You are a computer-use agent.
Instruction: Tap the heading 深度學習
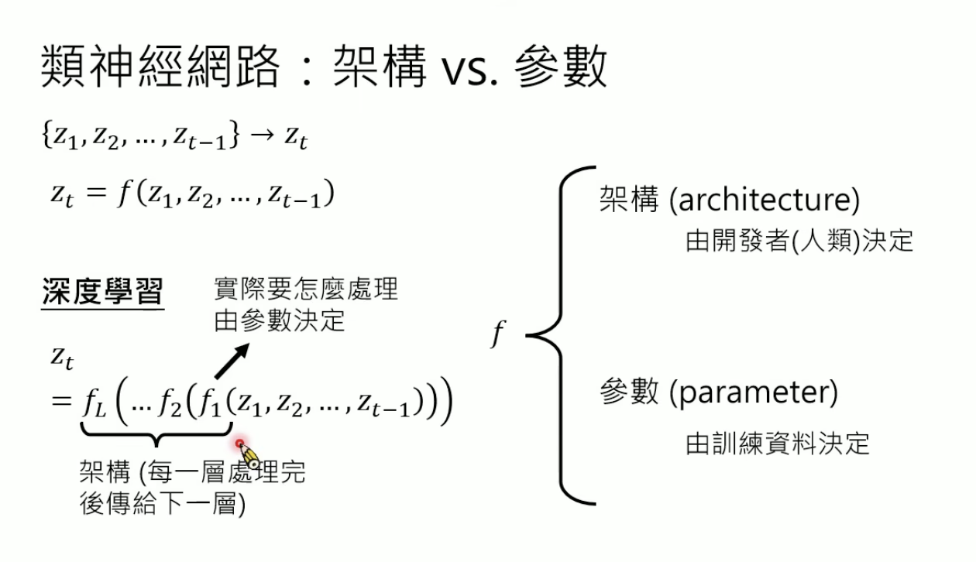pos(102,293)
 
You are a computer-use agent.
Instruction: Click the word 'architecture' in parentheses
pos(764,200)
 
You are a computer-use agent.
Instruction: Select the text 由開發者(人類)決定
pos(799,241)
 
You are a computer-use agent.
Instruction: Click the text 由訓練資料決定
pos(778,444)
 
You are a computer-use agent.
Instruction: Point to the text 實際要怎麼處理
pos(305,290)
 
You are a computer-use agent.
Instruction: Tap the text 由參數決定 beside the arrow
pos(280,320)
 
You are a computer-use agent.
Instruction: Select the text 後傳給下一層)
pos(162,505)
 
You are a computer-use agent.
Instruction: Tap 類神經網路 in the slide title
pos(159,69)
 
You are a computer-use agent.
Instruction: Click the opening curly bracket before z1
pos(46,137)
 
